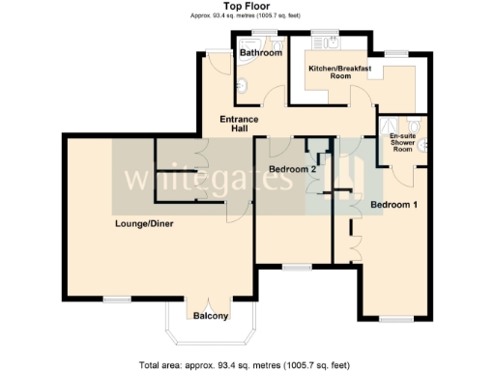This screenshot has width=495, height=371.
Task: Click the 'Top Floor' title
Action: point(247,6)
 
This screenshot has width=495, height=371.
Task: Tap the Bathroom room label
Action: point(260,53)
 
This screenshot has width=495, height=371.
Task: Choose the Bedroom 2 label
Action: point(293,169)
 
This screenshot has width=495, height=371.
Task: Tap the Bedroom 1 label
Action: point(394,204)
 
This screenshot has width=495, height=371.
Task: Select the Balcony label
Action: point(210,316)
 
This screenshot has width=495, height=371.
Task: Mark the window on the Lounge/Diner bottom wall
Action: point(118,300)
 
